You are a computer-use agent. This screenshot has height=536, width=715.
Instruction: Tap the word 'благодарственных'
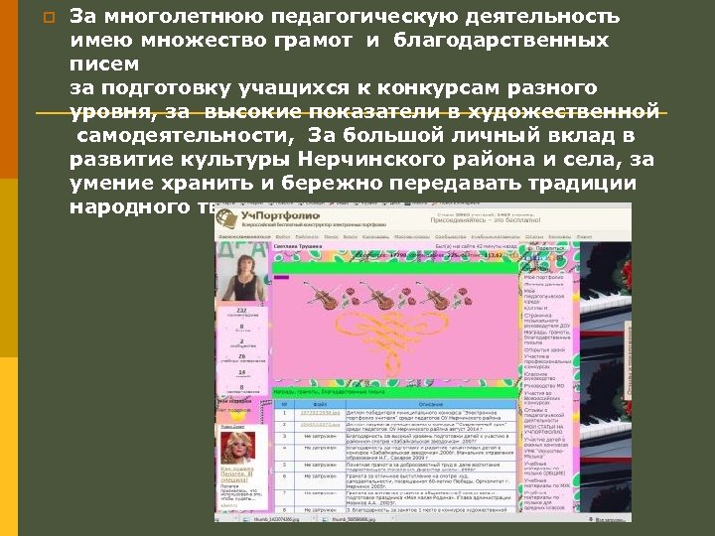[x=500, y=42]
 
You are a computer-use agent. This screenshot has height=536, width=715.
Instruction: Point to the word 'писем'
[x=104, y=65]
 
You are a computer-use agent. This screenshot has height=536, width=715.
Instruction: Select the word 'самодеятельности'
[x=182, y=134]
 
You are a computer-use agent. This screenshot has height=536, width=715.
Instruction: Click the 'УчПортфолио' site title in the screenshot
[x=272, y=215]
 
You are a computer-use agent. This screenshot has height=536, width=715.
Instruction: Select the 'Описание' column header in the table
[x=428, y=403]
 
